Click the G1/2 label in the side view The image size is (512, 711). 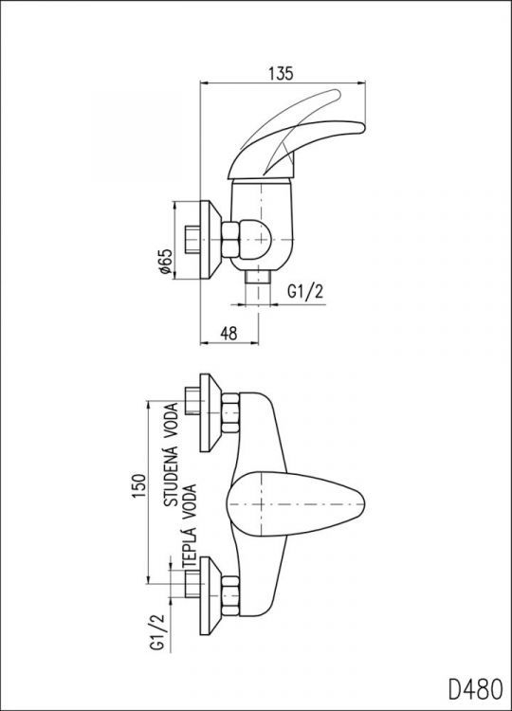305,294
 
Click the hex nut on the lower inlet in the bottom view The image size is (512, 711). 230,593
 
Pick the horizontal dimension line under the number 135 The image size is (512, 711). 284,83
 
